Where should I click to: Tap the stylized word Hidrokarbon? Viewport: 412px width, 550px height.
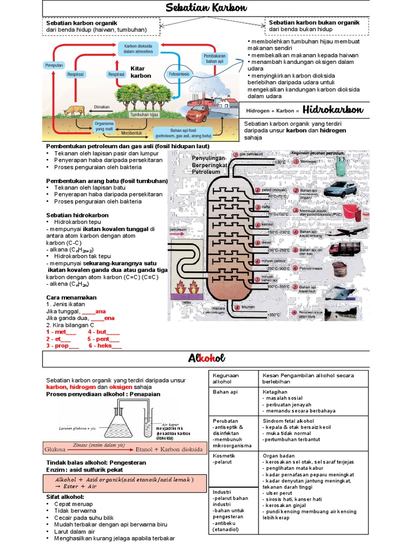333,110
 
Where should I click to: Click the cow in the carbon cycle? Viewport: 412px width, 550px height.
73,110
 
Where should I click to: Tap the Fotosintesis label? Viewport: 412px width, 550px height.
179,74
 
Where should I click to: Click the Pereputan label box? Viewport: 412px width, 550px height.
54,65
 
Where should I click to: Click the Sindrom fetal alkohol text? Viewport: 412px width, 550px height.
291,421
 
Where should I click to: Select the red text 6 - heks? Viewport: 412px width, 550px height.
105,346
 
